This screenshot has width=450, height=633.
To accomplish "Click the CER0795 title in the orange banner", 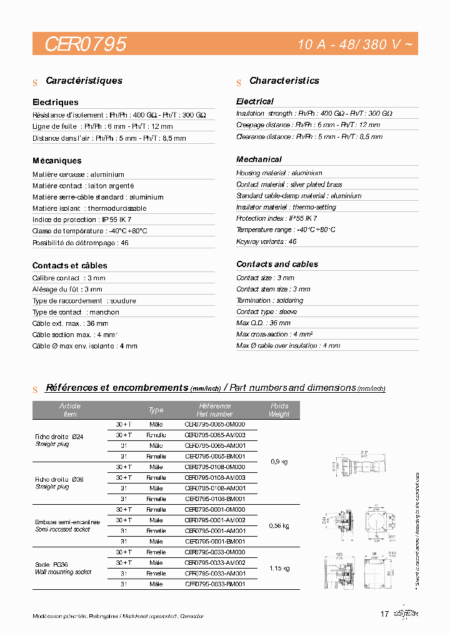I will pos(86,44).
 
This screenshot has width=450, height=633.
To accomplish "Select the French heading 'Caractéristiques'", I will pos(84,81).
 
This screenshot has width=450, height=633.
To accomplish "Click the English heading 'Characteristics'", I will pos(284,81).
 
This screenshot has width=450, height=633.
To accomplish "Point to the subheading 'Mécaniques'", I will pos(57,161).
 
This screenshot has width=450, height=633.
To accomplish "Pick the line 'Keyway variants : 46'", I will pos(266,241).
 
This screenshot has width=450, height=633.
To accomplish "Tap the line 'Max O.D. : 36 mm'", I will pos(263,323).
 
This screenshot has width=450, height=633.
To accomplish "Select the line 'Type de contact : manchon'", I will pos(76,312).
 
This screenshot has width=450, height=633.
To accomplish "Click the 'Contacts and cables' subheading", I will pos(277,264).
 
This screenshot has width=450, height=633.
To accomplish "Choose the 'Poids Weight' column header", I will pos(279,410).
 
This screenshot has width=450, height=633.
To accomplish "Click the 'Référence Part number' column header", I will pos(214,410).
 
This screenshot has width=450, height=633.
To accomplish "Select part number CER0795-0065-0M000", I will pos(214,424).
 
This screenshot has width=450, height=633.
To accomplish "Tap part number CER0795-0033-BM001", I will pos(214,584).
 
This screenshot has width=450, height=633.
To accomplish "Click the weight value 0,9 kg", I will pos(279,461).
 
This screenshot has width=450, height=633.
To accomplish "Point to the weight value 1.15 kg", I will pos(279,568).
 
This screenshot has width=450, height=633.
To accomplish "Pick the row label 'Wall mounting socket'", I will pos(63,572).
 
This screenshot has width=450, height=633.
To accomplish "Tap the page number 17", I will pos(384,614).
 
